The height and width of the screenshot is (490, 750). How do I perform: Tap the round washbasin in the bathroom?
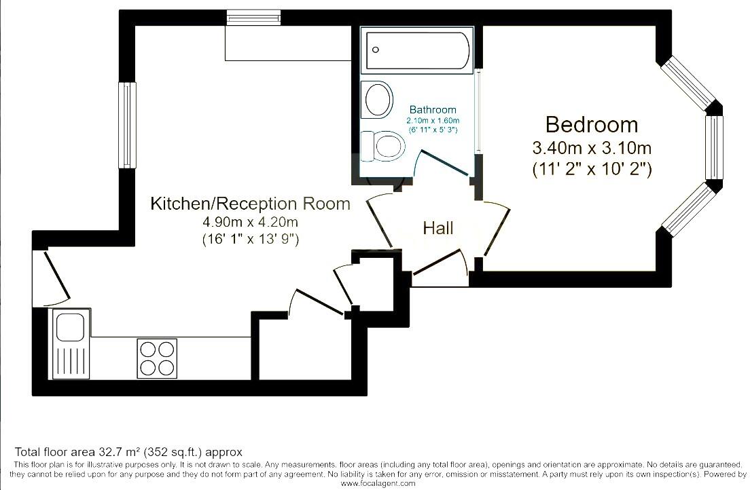pyautogui.click(x=378, y=99)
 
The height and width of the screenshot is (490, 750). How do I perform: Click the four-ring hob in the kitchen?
pyautogui.click(x=157, y=358)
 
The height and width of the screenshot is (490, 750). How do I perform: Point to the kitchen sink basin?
pyautogui.click(x=69, y=327)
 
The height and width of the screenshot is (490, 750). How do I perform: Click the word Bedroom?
pyautogui.click(x=592, y=125)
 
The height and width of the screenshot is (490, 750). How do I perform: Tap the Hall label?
pyautogui.click(x=437, y=228)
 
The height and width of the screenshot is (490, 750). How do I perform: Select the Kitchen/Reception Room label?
pyautogui.click(x=250, y=204)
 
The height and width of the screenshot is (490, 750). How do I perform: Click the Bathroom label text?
pyautogui.click(x=433, y=109)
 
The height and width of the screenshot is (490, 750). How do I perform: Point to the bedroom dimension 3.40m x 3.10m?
pyautogui.click(x=592, y=147)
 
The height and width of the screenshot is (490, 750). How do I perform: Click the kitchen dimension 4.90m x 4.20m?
pyautogui.click(x=250, y=222)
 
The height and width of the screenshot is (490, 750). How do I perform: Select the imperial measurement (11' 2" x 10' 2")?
pyautogui.click(x=592, y=169)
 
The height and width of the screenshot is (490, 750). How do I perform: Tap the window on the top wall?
pyautogui.click(x=253, y=17)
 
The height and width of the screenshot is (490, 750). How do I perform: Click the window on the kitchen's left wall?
pyautogui.click(x=126, y=125)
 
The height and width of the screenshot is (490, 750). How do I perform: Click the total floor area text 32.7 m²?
pyautogui.click(x=128, y=452)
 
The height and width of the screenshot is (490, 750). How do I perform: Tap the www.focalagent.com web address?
pyautogui.click(x=378, y=483)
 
